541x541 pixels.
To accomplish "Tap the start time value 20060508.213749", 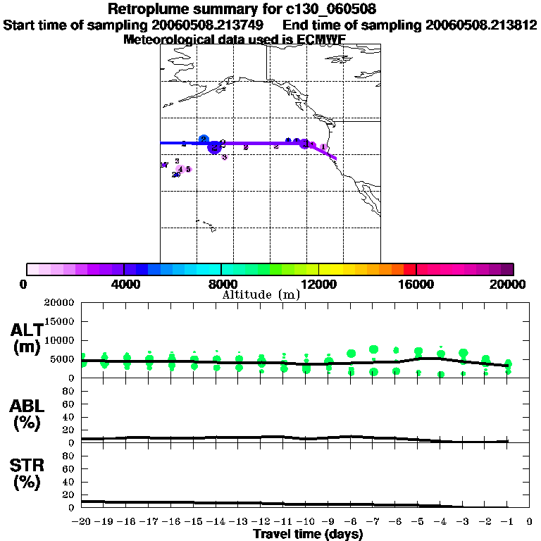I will point(208,25).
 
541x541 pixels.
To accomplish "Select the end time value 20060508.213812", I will point(481,25).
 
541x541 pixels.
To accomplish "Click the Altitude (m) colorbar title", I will point(261,294).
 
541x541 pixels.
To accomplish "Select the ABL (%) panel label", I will point(26,415).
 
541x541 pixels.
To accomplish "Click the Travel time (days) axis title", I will point(308,535).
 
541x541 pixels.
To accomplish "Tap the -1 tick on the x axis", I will point(506,522).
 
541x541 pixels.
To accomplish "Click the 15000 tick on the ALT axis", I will point(61,321).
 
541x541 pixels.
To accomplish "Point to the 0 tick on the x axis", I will point(530,522).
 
